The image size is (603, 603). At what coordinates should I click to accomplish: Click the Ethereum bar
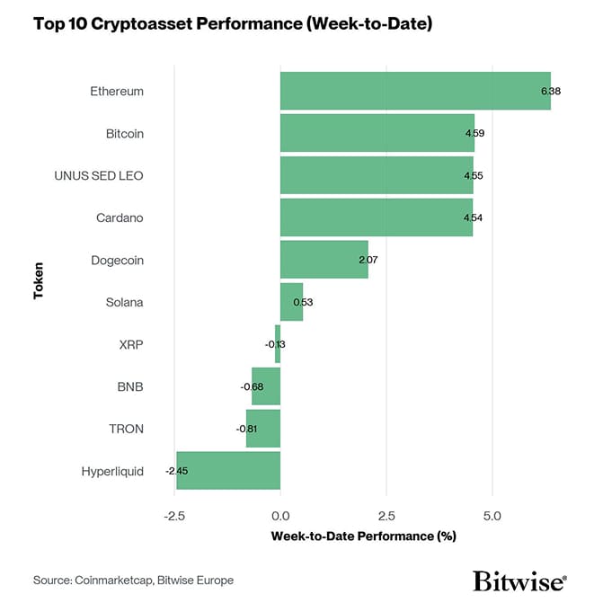(413, 91)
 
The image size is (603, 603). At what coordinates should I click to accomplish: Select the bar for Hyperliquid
(228, 470)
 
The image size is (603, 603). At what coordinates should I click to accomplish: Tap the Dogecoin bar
(324, 260)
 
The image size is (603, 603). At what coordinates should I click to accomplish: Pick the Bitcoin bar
(376, 133)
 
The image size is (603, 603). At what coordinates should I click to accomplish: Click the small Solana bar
(290, 302)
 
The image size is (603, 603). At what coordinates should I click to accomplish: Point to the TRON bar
(263, 429)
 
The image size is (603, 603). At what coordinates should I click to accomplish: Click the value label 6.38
(550, 92)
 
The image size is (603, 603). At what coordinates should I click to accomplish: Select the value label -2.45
(176, 471)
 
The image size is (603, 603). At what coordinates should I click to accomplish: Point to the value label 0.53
(303, 302)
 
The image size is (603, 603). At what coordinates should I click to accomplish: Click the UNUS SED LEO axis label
(99, 175)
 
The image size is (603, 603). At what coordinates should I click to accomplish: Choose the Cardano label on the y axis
(120, 217)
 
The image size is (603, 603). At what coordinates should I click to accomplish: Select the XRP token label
(131, 344)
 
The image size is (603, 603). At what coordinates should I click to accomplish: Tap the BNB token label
(130, 386)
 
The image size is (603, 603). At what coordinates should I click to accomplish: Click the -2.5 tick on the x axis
(174, 517)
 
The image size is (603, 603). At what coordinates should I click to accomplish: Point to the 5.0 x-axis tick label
(492, 517)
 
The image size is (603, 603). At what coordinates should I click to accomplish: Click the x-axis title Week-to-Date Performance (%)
(363, 536)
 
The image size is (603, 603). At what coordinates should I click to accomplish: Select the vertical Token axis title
(39, 280)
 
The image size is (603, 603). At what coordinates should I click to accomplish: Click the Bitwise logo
(519, 580)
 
